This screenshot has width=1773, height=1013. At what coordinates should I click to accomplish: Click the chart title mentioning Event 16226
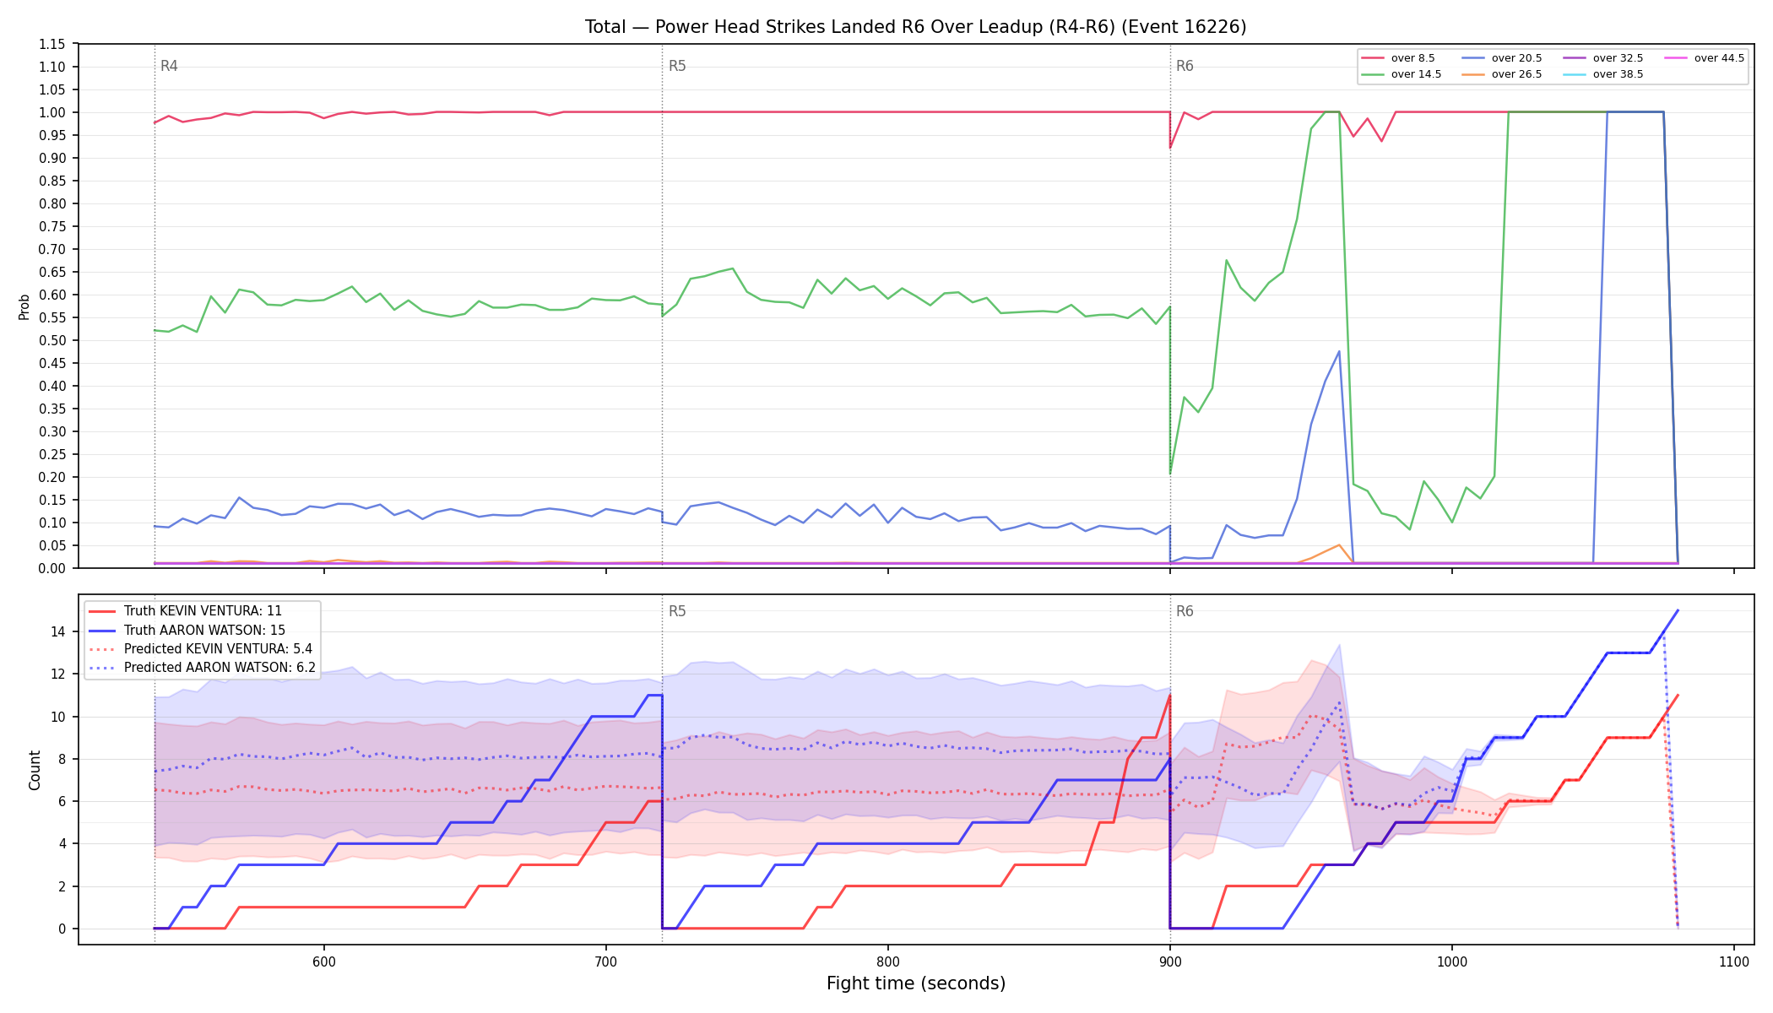point(915,27)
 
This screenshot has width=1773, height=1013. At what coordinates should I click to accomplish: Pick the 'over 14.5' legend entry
point(1401,74)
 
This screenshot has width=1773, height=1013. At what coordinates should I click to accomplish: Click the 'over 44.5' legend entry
point(1704,58)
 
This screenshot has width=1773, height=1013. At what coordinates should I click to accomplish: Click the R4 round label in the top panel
point(169,66)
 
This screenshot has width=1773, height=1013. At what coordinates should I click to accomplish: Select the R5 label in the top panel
point(677,66)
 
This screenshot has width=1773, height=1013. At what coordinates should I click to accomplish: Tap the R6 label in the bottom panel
point(1185,611)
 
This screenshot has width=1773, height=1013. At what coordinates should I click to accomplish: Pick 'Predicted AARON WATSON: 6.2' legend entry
point(202,667)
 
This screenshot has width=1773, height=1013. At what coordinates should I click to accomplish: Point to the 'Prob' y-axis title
point(24,306)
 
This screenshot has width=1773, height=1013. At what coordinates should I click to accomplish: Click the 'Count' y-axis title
point(35,770)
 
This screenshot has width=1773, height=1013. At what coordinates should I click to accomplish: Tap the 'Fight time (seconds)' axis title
point(916,983)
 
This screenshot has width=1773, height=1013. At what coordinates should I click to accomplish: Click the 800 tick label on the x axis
point(887,962)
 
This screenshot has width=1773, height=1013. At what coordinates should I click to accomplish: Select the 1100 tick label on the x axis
point(1733,962)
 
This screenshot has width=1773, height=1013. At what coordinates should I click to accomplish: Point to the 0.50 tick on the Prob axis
point(52,340)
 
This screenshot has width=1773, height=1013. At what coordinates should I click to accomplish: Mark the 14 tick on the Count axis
point(58,631)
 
